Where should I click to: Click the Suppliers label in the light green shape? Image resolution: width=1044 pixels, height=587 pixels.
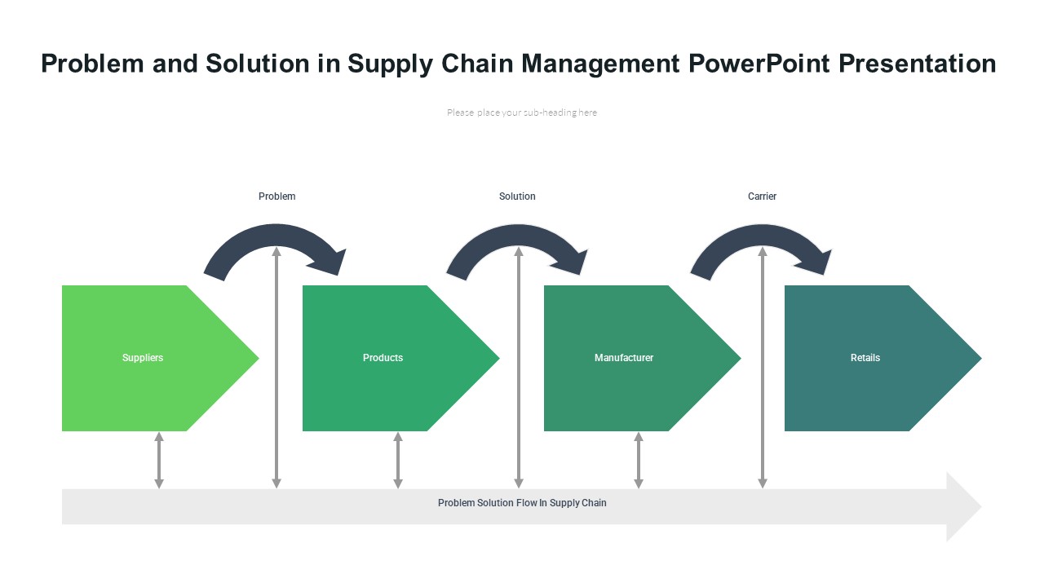point(143,358)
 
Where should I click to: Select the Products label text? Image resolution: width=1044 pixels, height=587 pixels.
point(383,358)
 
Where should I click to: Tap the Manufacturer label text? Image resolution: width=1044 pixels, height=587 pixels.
point(624,358)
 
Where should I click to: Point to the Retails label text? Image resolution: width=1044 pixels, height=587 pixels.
point(865,358)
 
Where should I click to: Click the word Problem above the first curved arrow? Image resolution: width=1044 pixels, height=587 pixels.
point(277,196)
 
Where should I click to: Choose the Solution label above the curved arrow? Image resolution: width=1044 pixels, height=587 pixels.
point(517,196)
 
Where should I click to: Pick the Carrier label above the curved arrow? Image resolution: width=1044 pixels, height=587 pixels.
point(762,196)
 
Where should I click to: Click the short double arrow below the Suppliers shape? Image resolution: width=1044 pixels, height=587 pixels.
point(159,461)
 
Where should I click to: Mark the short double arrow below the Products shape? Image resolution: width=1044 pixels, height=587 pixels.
point(398,461)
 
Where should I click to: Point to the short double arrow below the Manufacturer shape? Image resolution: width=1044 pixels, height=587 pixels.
point(639,461)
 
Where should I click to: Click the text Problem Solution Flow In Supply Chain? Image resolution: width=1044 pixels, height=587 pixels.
point(522,503)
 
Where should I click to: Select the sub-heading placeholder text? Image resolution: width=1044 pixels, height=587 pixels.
point(522,113)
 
